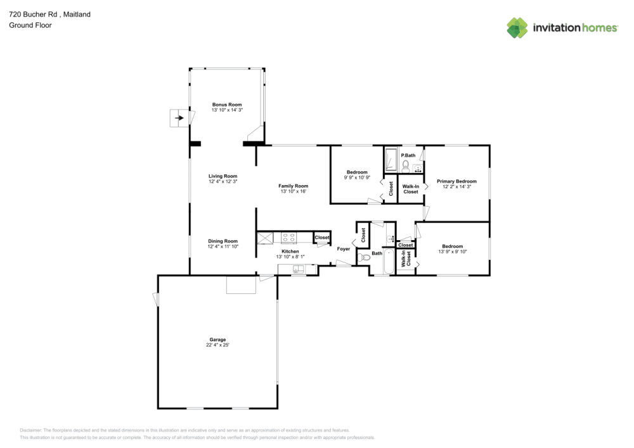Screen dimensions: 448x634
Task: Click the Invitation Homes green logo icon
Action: pos(517,28)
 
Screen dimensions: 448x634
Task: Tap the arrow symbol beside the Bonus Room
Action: pos(180,118)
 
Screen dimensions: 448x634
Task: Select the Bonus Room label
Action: pos(227,105)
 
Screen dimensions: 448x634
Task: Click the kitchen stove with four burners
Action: pos(288,238)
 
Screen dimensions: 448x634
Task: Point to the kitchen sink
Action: pos(298,270)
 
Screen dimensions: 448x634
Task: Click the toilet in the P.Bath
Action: pos(406,166)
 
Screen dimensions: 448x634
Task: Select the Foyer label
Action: pos(343,249)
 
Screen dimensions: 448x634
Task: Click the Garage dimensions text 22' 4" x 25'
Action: pos(217,345)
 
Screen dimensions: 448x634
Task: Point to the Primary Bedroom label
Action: pos(456,181)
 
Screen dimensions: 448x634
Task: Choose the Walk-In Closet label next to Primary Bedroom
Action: pos(411,189)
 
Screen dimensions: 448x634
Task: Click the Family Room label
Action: pos(293,186)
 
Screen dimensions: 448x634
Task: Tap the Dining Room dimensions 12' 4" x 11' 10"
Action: pos(223,246)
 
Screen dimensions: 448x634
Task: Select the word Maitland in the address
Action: pos(76,14)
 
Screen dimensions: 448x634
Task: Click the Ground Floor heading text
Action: pos(30,25)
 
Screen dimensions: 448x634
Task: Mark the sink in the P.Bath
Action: pos(417,168)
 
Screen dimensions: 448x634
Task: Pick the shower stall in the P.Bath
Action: pos(391,160)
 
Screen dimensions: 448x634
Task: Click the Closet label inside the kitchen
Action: pos(322,238)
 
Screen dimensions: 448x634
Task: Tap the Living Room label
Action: pos(223,176)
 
